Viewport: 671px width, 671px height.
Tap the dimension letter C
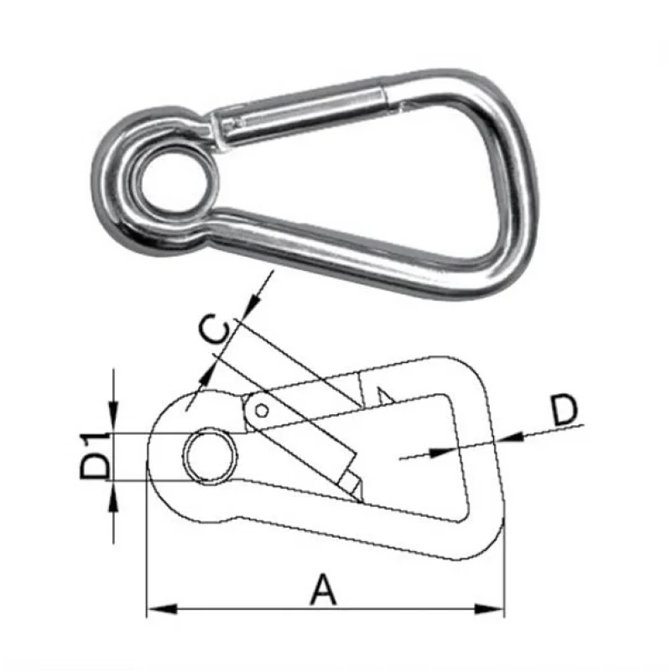[216, 330]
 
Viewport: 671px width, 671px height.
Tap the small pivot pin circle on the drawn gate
[262, 409]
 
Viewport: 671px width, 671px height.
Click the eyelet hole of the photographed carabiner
[165, 177]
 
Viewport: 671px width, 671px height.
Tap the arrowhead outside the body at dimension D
[518, 434]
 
